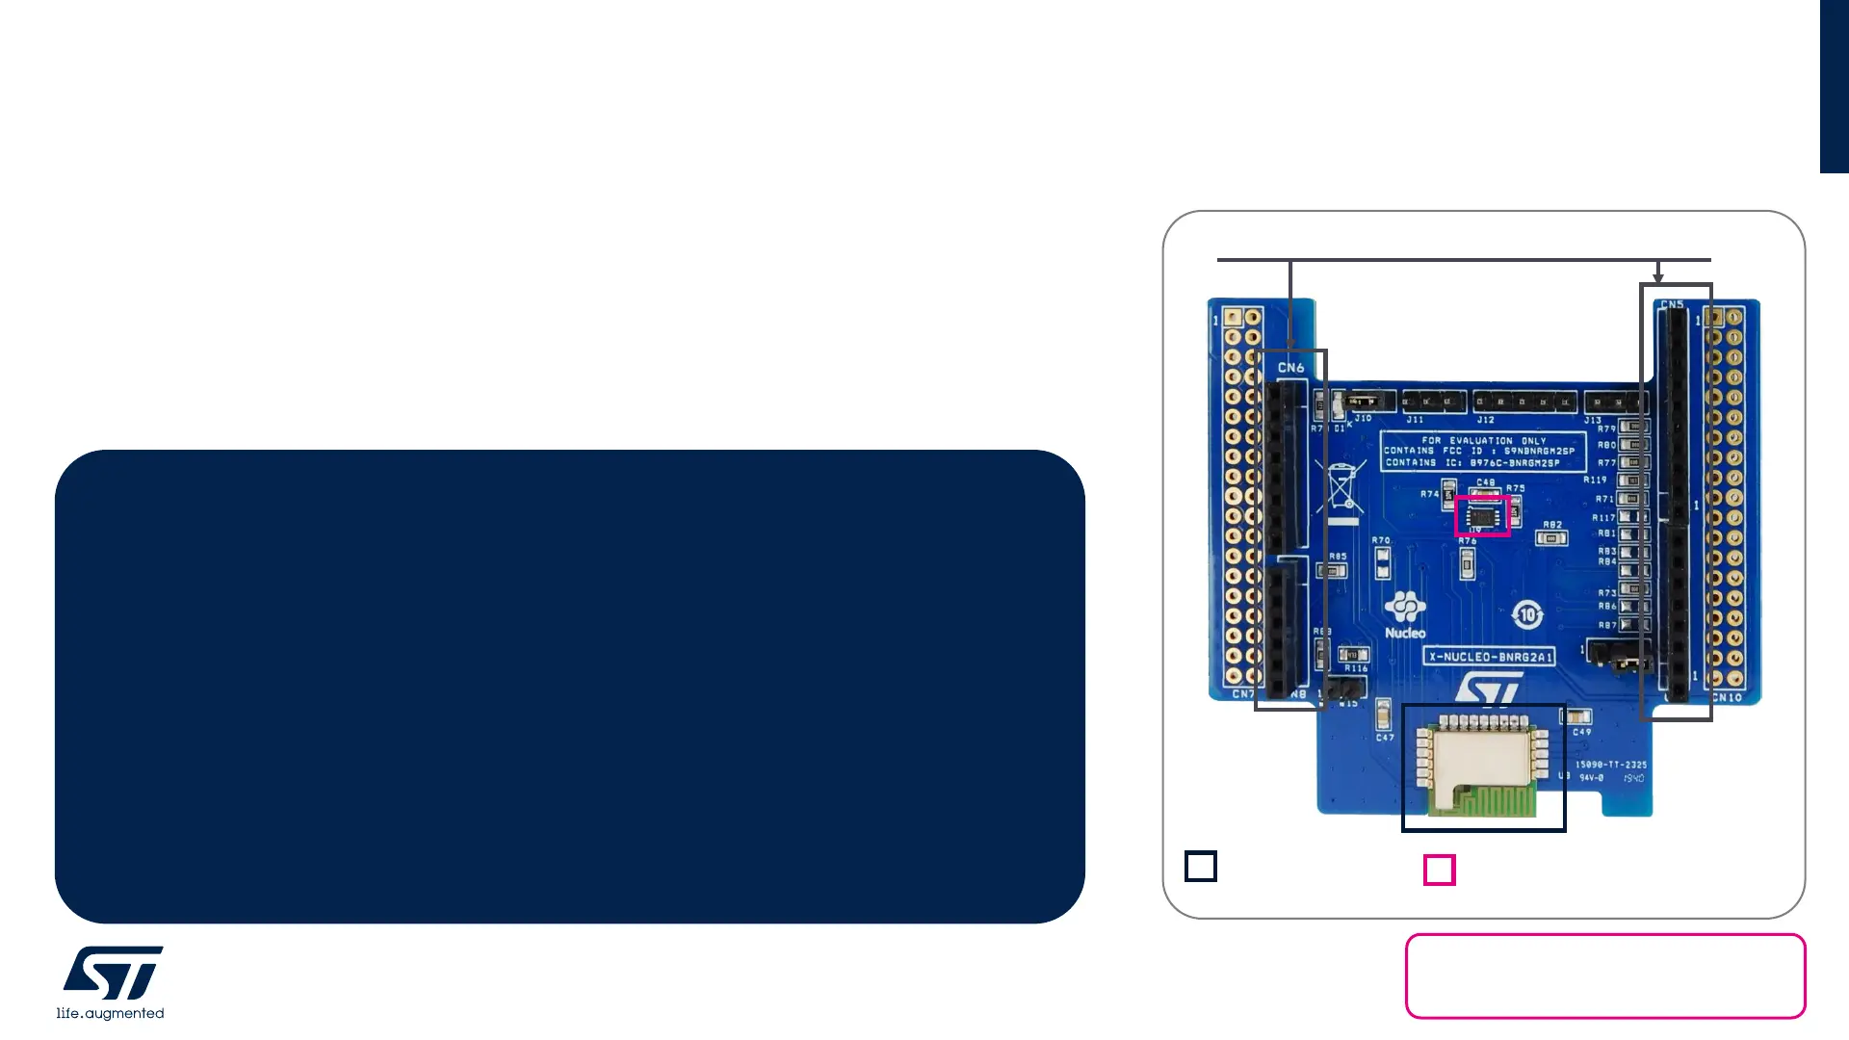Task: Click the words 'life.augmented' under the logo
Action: [x=110, y=1013]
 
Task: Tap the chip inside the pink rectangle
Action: [x=1482, y=516]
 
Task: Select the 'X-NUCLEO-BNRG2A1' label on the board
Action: [x=1489, y=657]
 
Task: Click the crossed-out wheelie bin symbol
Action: [x=1341, y=486]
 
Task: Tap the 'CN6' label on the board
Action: [x=1290, y=368]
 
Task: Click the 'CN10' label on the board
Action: [x=1728, y=697]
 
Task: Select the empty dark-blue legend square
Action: [x=1201, y=867]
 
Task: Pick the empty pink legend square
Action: [x=1439, y=871]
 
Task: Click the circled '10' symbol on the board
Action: [x=1527, y=614]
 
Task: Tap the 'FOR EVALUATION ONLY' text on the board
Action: [x=1483, y=440]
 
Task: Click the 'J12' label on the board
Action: [x=1486, y=420]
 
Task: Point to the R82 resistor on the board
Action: [x=1551, y=537]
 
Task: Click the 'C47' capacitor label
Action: [x=1385, y=738]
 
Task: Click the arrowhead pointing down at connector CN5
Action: [x=1658, y=277]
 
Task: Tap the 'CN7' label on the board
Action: [x=1242, y=693]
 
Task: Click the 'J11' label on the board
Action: [x=1415, y=420]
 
